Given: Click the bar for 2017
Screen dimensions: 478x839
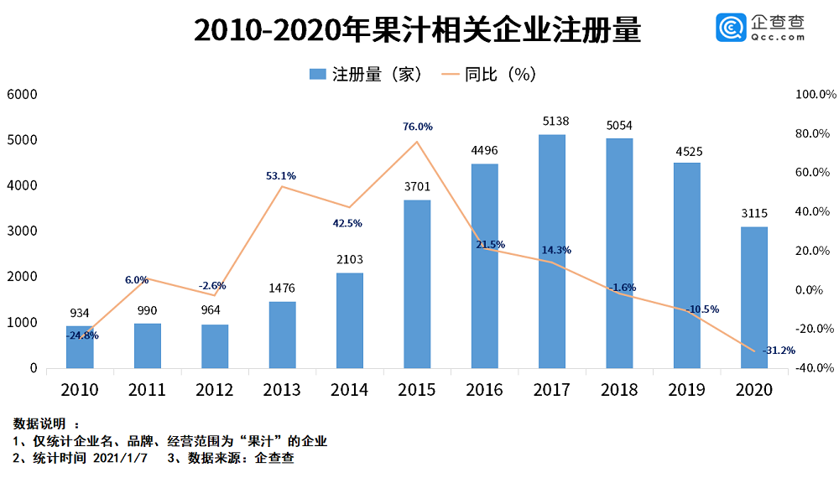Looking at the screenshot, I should coord(552,251).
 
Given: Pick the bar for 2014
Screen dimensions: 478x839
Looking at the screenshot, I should coord(350,320).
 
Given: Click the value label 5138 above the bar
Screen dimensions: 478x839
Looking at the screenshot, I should coord(552,122).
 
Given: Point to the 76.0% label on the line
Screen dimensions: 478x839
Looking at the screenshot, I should coord(417,127).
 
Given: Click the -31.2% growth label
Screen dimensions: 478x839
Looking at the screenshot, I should coord(779,351).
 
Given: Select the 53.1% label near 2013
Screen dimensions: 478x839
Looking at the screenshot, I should coord(280,175).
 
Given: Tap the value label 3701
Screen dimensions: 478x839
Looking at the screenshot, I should coord(417,187).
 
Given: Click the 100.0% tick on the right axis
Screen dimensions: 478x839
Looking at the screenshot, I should coord(810,95).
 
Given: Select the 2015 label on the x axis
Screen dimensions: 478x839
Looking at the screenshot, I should coord(417,390).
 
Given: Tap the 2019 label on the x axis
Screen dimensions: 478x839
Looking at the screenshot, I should coord(686,390).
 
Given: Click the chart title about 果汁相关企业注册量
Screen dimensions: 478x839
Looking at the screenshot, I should coord(417,31).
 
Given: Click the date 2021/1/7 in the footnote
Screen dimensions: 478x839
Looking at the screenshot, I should coord(121,459).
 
